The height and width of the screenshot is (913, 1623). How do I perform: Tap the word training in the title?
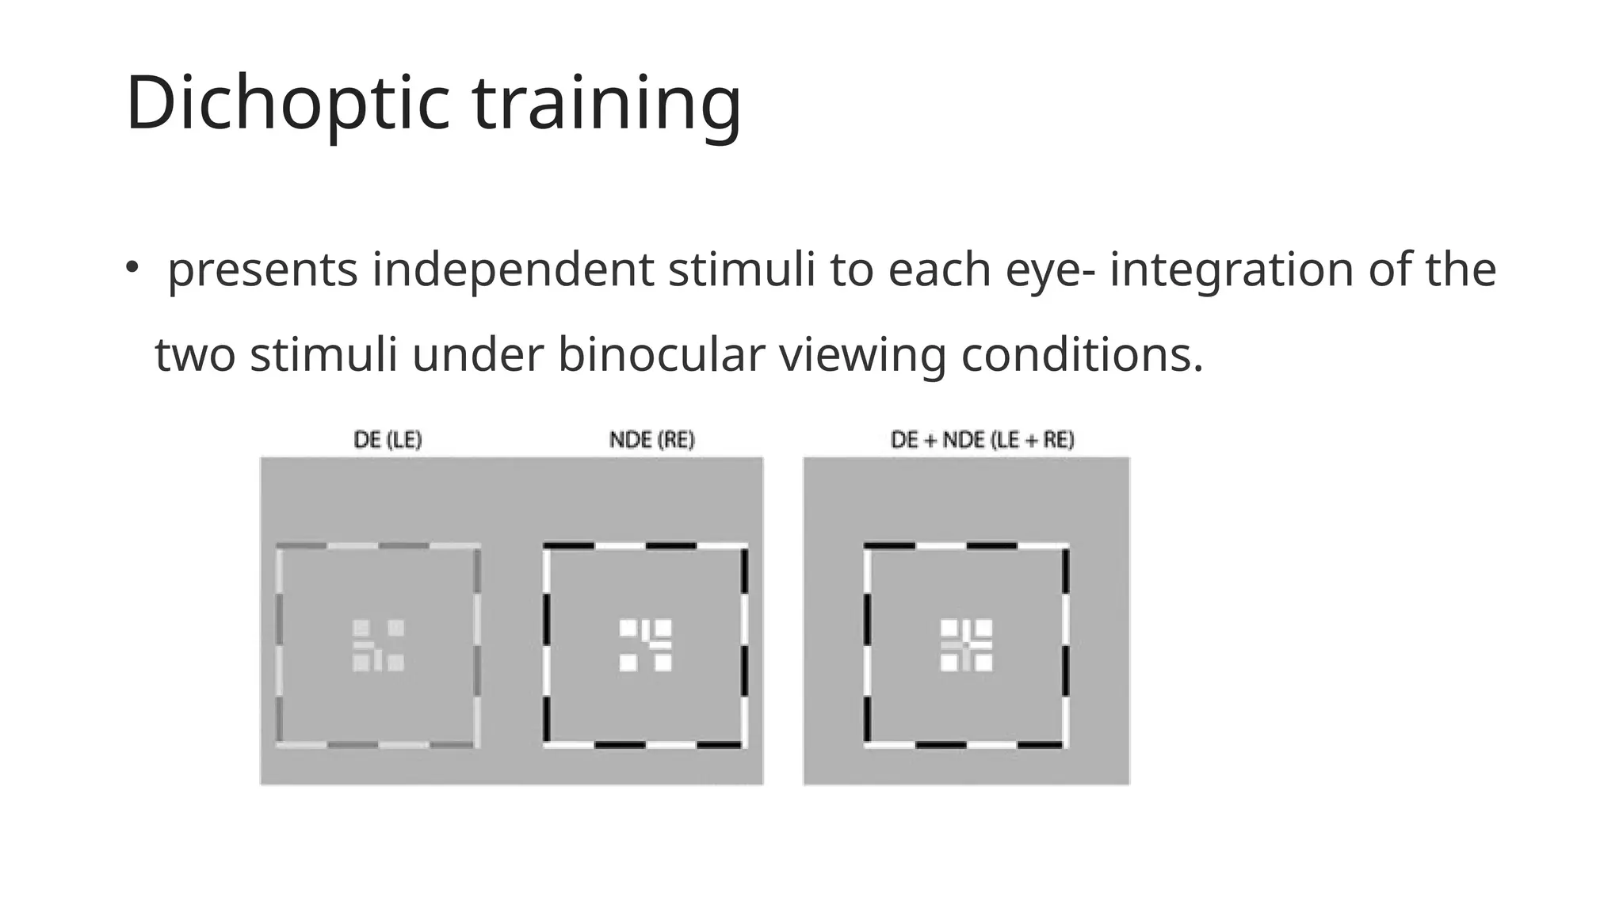(x=607, y=103)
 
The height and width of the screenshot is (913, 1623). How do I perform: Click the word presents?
(x=262, y=270)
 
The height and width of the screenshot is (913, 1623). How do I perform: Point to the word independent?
(x=513, y=270)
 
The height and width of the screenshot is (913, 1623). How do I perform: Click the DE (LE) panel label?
(x=388, y=440)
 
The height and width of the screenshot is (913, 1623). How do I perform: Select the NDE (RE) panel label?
(x=651, y=440)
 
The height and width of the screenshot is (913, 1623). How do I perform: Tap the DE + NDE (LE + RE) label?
(x=983, y=440)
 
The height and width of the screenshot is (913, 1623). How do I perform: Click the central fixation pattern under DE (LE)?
(x=378, y=645)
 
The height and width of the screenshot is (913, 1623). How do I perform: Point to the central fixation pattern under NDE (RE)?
(x=645, y=645)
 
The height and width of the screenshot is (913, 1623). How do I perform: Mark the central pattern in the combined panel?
(x=966, y=645)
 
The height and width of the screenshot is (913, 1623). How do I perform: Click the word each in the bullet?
(x=940, y=270)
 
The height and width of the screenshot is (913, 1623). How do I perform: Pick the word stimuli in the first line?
(x=742, y=270)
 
